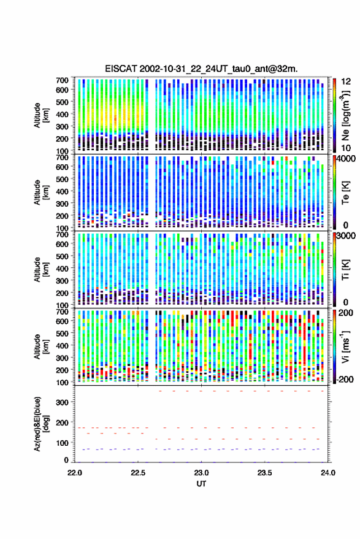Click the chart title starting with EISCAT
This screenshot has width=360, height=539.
201,69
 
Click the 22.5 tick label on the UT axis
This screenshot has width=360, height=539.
138,473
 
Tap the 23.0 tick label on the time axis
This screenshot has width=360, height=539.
201,473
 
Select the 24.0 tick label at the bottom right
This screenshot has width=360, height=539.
327,473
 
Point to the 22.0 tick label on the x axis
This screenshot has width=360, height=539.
75,473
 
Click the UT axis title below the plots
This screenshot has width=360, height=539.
201,484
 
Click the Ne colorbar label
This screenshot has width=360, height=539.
345,115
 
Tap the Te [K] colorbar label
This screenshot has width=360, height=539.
345,193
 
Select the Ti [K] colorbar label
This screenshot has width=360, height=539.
345,270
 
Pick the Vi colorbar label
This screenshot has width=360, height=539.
345,346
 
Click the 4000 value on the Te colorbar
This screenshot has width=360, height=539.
347,158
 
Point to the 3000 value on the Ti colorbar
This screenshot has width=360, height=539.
347,236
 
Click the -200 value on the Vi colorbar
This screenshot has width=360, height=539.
345,380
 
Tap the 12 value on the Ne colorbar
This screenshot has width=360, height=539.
346,82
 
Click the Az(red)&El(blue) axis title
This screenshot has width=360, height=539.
42,424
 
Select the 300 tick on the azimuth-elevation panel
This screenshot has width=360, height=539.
62,402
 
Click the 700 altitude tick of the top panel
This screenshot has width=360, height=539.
62,80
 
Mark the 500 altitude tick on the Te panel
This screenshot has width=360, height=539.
62,179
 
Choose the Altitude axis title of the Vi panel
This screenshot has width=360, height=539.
41,346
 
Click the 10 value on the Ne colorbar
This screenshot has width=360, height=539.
346,148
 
